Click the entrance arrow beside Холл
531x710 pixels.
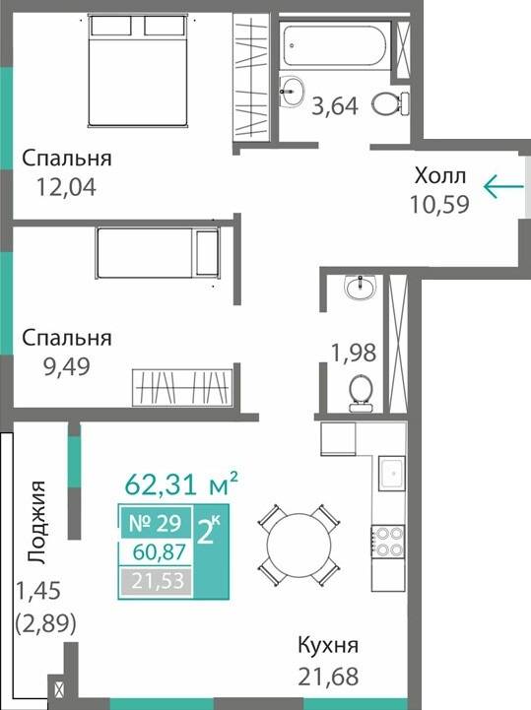[501, 185]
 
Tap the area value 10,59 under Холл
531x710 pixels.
[438, 205]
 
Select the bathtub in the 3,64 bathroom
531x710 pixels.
[335, 45]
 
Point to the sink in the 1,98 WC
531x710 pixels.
[359, 287]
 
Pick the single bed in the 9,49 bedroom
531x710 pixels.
[156, 253]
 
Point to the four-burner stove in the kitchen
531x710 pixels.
[387, 542]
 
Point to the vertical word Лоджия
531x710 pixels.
[36, 522]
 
